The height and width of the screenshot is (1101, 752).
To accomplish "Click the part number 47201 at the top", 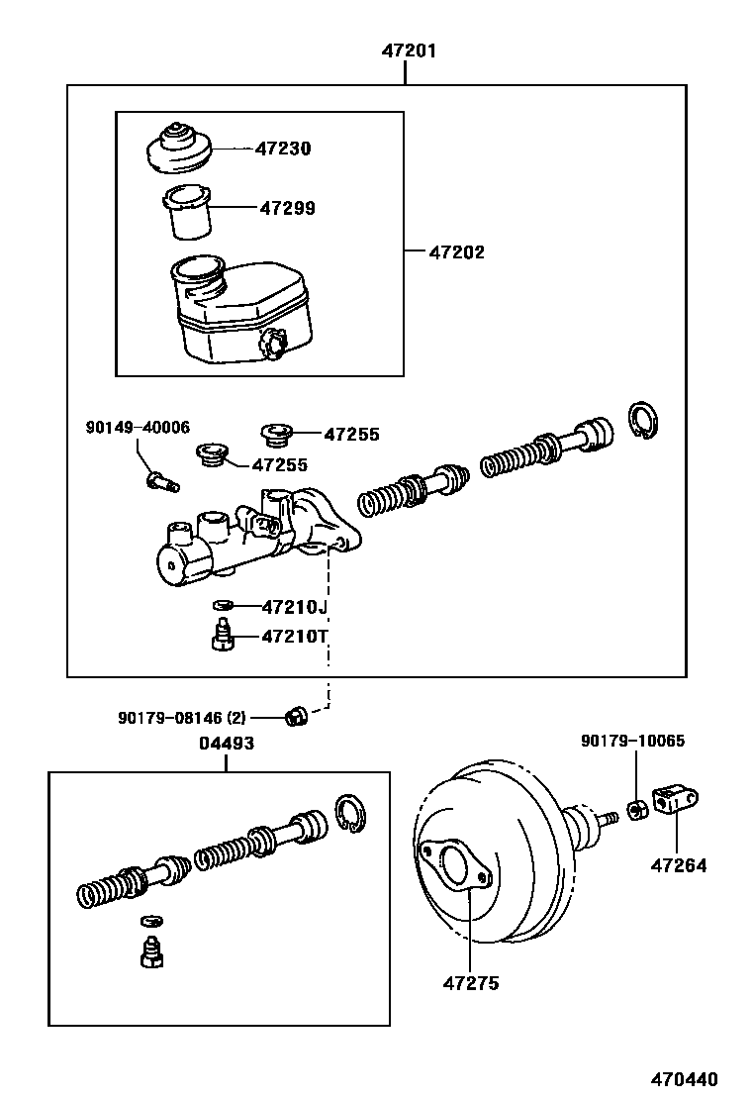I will coord(409,50).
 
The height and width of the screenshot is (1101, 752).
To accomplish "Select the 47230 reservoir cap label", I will coord(283,149).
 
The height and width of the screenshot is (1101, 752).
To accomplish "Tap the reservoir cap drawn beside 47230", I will coord(177,148).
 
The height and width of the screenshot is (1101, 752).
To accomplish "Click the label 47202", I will coord(456,252).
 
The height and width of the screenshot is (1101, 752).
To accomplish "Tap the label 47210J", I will coord(294,606).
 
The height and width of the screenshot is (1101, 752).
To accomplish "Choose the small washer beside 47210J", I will coord(223,606).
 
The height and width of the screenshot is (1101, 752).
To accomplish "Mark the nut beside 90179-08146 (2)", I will coord(294,715).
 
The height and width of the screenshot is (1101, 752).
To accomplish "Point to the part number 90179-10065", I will coord(632,741).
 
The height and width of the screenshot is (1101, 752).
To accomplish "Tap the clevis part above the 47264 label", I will coord(675,800).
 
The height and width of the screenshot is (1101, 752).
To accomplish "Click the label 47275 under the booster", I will coord(471,983).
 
